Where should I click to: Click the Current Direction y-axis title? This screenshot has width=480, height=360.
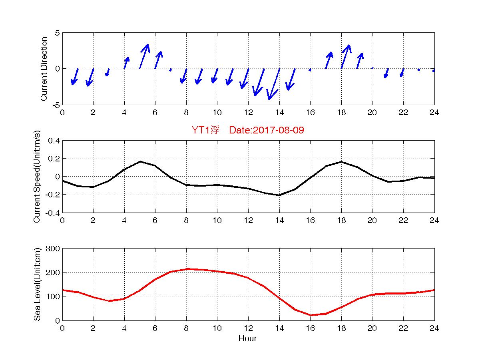[x=44, y=69]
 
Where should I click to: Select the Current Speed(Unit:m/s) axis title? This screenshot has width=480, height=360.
[x=37, y=177]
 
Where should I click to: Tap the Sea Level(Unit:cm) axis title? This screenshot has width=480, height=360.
[x=37, y=284]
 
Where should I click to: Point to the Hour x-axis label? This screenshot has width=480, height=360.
[x=248, y=339]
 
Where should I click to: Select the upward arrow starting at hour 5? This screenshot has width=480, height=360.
[x=144, y=56]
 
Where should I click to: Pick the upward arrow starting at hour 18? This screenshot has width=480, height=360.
[x=345, y=56]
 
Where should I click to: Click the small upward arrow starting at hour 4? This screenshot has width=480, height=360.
[x=126, y=62]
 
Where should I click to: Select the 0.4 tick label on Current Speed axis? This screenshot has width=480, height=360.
[x=54, y=141]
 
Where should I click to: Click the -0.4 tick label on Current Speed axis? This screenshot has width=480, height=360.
[x=53, y=213]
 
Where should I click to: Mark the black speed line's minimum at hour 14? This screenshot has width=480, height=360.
[x=279, y=195]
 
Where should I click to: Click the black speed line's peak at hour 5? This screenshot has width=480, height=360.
[x=140, y=161]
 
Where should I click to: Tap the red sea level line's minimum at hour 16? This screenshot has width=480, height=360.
[x=311, y=315]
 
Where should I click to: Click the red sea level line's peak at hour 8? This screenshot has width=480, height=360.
[x=186, y=269]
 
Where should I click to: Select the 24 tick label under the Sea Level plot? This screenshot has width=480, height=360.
[x=434, y=328]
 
